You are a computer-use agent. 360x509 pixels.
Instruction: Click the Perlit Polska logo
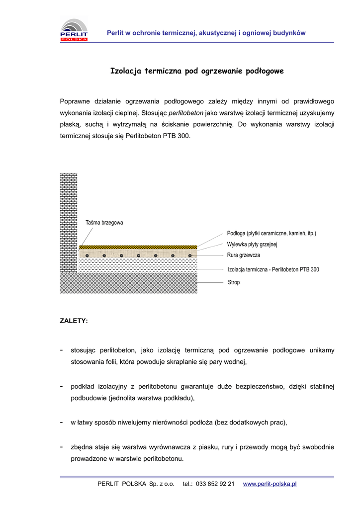74,29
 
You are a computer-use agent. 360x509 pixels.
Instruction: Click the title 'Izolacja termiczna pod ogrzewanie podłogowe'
197,71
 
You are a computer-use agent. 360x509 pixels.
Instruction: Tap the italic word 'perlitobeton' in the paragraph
186,113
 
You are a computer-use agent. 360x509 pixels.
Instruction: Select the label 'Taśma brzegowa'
104,223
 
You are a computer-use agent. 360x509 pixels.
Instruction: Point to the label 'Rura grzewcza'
244,255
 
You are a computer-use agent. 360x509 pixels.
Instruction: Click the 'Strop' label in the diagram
234,282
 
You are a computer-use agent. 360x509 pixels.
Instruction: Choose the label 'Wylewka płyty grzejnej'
252,244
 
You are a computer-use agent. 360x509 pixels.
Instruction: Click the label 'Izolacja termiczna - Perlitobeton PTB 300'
273,269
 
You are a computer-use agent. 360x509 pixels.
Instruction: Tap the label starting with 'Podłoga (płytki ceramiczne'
271,233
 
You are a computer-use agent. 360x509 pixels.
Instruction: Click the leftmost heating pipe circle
87,256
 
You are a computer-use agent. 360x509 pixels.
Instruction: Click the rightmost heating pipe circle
190,256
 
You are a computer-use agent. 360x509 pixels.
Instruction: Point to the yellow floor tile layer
138,247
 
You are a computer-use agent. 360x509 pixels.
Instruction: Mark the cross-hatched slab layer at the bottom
128,283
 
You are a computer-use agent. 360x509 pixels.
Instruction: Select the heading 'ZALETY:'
74,321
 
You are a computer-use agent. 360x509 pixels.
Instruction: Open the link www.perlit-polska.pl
270,484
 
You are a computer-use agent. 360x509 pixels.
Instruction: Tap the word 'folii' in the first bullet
110,362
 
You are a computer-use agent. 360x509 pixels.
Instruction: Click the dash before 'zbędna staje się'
61,447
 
